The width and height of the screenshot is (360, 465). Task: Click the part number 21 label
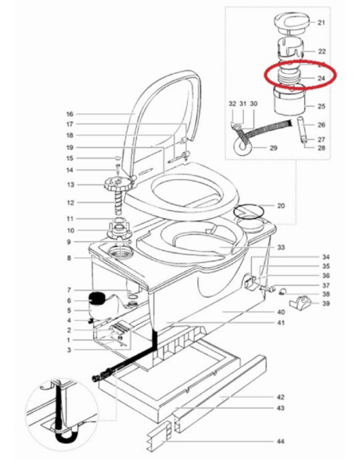(322, 22)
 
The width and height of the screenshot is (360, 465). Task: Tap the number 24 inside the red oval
(322, 79)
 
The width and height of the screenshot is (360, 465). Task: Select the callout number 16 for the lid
(69, 114)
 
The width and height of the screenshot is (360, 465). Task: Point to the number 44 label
(280, 442)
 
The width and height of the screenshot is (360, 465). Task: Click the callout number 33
(280, 248)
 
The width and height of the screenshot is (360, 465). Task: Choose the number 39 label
(326, 303)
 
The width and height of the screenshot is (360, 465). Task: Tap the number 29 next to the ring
(273, 147)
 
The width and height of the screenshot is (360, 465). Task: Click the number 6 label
(69, 301)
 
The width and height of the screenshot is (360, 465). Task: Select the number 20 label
(280, 205)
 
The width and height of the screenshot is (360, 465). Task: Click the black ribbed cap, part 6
(96, 298)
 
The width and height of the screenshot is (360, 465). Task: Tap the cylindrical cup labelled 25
(289, 100)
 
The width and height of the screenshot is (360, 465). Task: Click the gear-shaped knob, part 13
(118, 185)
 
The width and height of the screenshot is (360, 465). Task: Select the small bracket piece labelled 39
(299, 303)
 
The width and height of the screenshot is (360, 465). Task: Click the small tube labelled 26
(301, 129)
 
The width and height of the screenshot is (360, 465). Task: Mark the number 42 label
(280, 397)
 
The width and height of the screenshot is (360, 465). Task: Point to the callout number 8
(69, 258)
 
